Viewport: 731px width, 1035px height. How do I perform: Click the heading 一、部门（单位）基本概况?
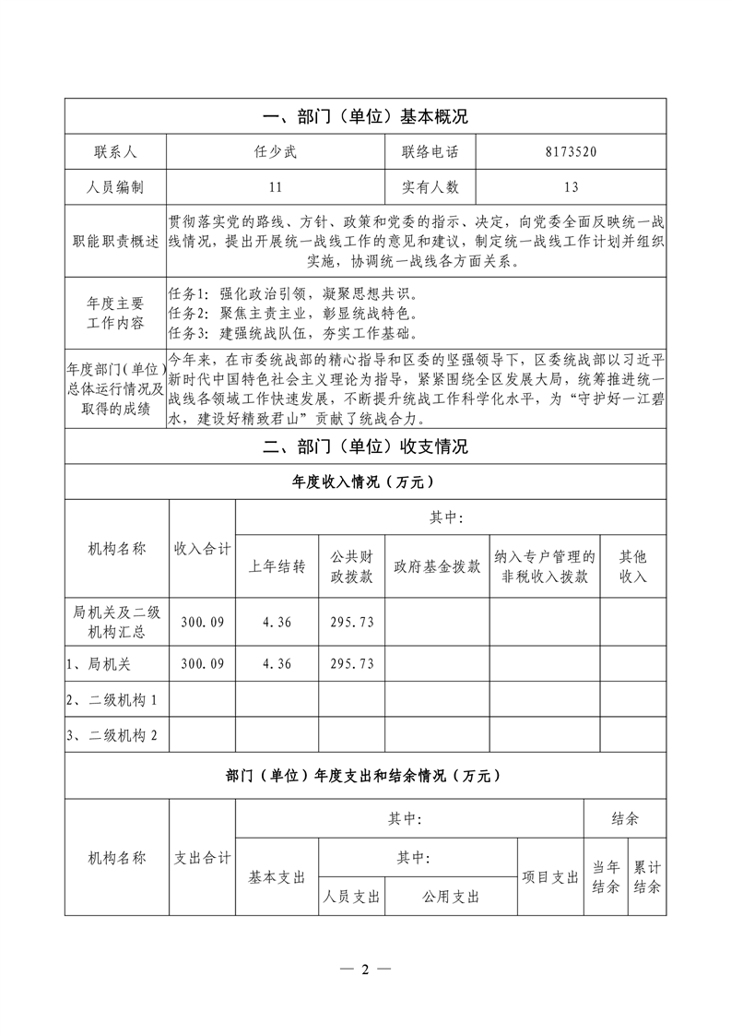pos(365,117)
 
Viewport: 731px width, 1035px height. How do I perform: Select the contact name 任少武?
pos(276,152)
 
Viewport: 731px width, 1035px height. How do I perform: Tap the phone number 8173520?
pos(571,152)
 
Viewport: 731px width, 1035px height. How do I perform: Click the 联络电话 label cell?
pos(430,152)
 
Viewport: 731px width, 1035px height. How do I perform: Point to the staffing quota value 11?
pos(276,187)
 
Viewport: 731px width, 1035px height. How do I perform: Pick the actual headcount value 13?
pos(571,187)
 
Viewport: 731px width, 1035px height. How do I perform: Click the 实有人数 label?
pos(430,187)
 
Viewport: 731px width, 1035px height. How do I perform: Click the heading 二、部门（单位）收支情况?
pos(365,447)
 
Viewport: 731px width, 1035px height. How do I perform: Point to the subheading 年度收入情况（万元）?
pos(365,482)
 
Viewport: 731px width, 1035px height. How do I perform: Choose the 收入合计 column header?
pos(203,549)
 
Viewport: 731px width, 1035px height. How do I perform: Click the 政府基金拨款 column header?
pos(437,566)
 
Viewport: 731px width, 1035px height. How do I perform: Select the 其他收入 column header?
pos(633,566)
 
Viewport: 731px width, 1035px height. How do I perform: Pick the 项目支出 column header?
pos(550,876)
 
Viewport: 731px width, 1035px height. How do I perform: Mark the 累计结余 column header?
pos(647,876)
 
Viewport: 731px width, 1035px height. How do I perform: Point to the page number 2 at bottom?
pos(365,970)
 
